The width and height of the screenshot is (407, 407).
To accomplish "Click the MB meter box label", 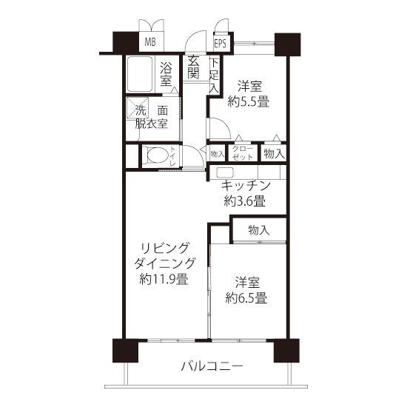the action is pos(150,41).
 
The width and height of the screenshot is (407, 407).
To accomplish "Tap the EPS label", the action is pos(221,44).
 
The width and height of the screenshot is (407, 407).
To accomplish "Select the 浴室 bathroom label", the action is pos(166,74).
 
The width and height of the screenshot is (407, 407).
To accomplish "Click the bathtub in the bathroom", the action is pos(139,74).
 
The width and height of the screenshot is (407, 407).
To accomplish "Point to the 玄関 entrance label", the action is pos(194,67).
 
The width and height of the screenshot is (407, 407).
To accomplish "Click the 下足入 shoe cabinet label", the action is pos(215,75).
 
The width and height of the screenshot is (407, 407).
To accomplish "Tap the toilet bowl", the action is pos(157,155).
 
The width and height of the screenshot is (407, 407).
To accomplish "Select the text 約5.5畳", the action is pos(249,101).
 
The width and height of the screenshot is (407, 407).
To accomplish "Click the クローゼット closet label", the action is pos(243,153).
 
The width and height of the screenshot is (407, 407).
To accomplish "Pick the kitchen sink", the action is pos(225,172).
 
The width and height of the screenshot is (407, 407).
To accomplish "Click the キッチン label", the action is pos(246,185).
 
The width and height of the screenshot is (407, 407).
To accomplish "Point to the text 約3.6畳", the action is pos(245,201).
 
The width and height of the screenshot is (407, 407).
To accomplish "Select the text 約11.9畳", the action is pos(164,280).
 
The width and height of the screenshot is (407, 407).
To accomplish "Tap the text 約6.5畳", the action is pos(246,297).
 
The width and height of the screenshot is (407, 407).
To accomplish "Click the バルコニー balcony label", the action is pos(212,366).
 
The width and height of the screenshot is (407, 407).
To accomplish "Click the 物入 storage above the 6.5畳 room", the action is pos(259,230).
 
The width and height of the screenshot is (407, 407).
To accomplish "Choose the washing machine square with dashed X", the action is pos(138,108).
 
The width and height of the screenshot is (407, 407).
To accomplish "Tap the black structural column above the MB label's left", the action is pos(125,41).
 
